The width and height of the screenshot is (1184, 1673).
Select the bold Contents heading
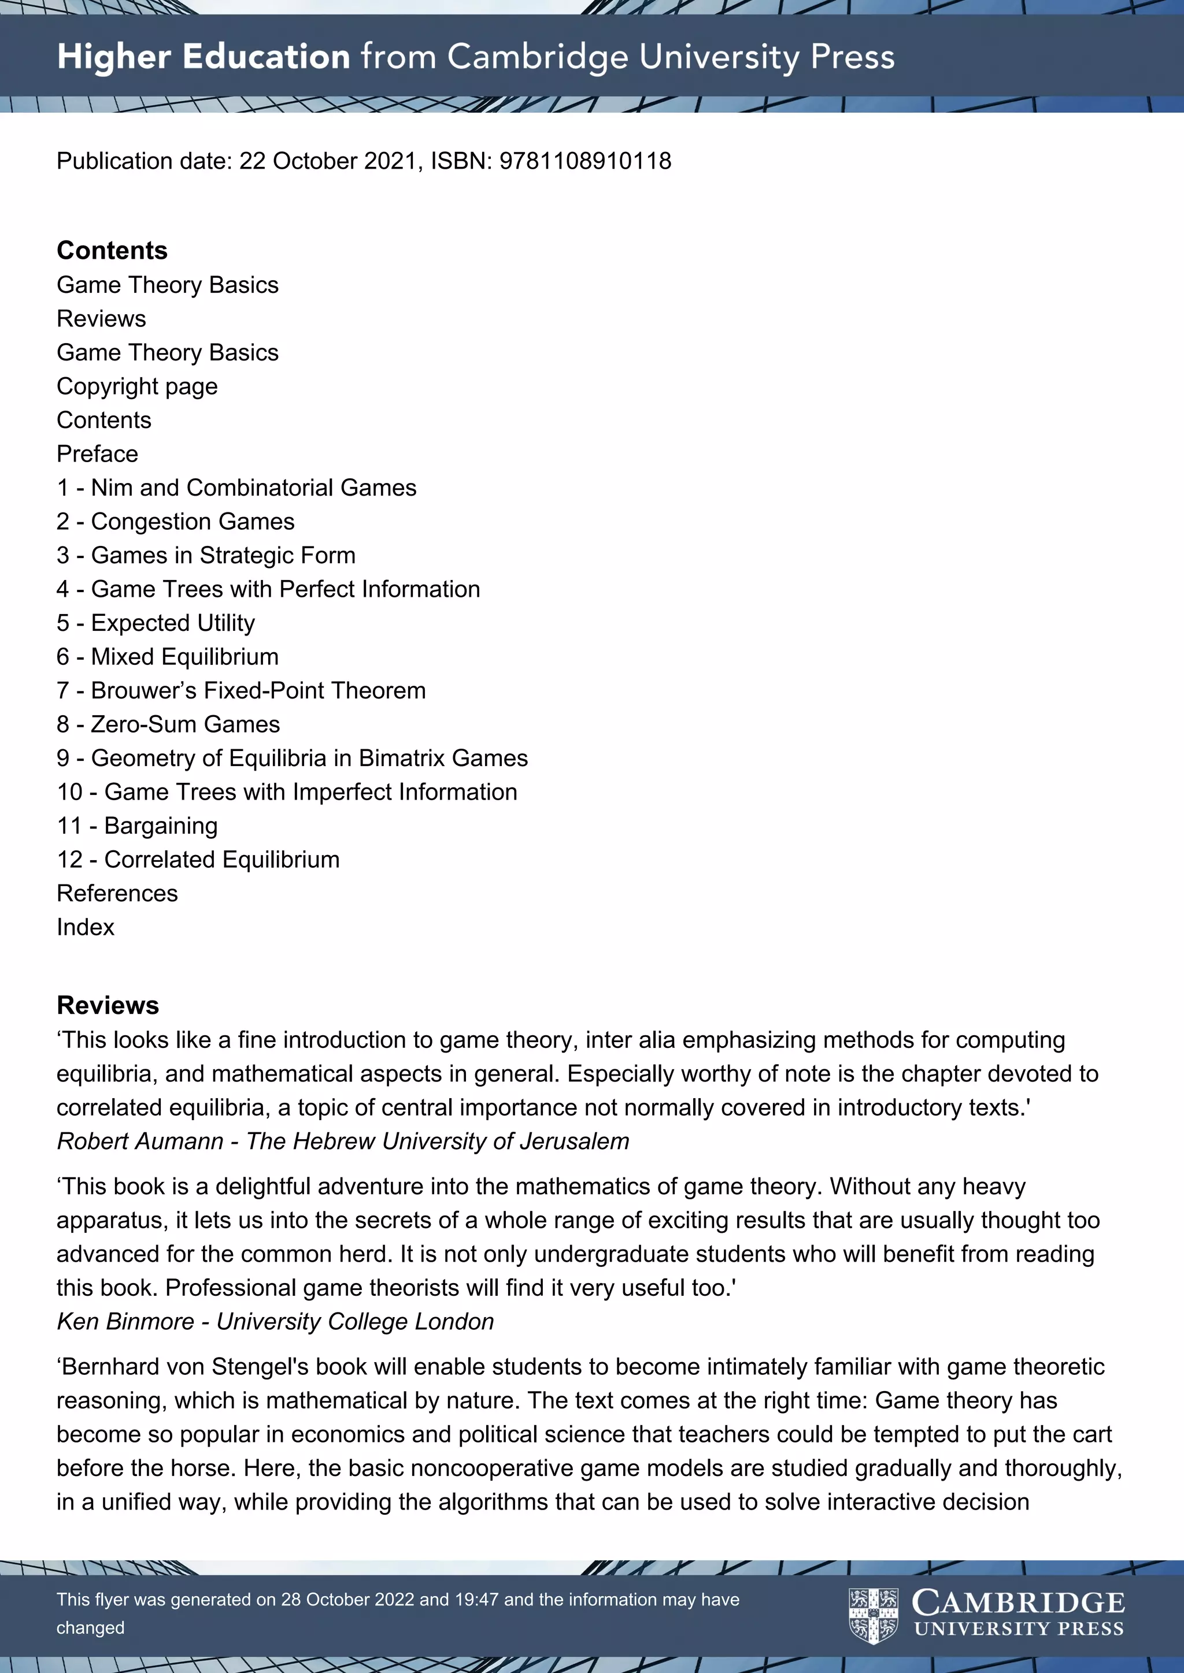click(112, 251)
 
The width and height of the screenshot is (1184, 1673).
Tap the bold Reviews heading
click(108, 1006)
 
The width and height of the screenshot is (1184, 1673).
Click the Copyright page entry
click(137, 386)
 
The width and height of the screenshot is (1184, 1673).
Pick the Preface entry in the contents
click(98, 454)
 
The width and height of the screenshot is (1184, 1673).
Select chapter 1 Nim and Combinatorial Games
click(236, 488)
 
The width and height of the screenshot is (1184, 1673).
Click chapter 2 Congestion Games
click(176, 522)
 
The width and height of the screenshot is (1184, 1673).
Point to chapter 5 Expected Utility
click(156, 623)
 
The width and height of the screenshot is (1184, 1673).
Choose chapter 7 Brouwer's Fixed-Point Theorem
click(241, 691)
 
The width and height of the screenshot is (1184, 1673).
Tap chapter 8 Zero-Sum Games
click(168, 724)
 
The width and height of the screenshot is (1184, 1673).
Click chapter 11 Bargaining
click(137, 826)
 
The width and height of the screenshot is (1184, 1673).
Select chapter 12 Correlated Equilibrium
click(198, 860)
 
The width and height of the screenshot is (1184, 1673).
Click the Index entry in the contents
click(86, 928)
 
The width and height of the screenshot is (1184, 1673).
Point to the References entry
click(117, 893)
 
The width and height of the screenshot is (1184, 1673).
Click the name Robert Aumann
click(140, 1141)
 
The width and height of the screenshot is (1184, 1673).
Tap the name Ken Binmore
click(125, 1321)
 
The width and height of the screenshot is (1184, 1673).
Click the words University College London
click(355, 1321)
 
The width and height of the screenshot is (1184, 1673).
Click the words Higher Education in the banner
click(203, 57)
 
